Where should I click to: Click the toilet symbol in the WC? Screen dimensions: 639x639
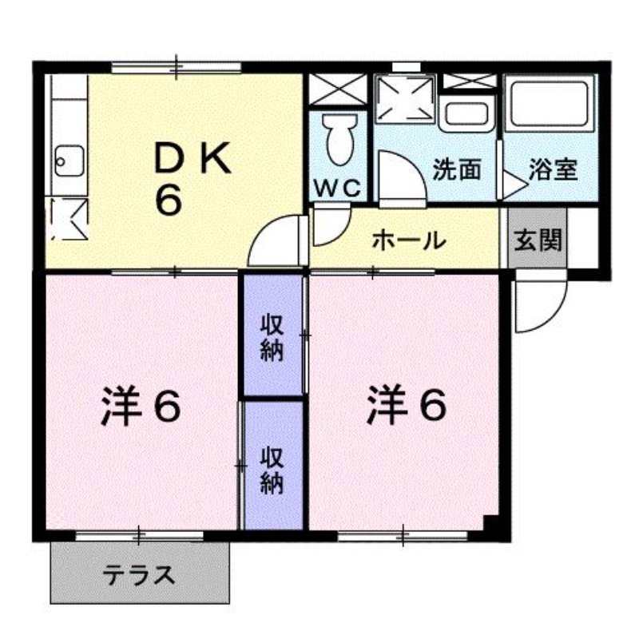coord(338,138)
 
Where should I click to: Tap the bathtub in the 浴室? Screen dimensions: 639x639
coord(550,104)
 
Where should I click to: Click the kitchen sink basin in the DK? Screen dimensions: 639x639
coord(69,161)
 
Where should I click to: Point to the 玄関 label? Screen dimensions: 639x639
coord(538,240)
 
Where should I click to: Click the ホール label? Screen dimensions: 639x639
coord(409,240)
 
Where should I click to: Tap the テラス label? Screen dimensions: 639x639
coord(139,575)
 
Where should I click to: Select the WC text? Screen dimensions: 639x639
coord(338,189)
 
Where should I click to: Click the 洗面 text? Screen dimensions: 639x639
coord(457,169)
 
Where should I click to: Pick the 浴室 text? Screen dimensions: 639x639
coord(553,169)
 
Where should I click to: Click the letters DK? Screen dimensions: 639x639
coord(192,158)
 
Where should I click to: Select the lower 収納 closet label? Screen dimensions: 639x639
coord(272,470)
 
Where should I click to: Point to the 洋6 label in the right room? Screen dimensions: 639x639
coord(407,406)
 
